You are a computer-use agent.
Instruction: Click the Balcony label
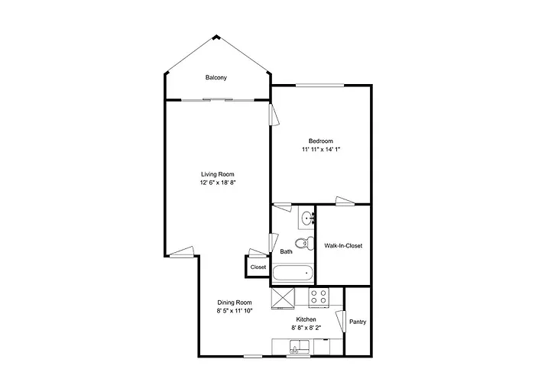pyautogui.click(x=216, y=78)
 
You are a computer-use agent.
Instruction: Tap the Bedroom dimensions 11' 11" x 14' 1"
pyautogui.click(x=321, y=149)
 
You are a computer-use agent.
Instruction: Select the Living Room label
pyautogui.click(x=218, y=174)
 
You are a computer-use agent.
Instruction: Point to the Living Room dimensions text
pyautogui.click(x=218, y=183)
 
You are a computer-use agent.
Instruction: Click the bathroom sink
pyautogui.click(x=308, y=217)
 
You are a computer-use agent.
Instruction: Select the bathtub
pyautogui.click(x=293, y=273)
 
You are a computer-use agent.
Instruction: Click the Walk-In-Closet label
pyautogui.click(x=343, y=245)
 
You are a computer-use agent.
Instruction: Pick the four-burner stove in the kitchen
pyautogui.click(x=319, y=296)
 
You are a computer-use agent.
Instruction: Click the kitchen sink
pyautogui.click(x=300, y=347)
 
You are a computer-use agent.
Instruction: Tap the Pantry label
pyautogui.click(x=358, y=322)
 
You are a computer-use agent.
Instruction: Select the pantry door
pyautogui.click(x=341, y=321)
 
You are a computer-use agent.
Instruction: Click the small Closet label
pyautogui.click(x=258, y=267)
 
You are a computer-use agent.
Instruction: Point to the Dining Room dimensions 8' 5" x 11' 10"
pyautogui.click(x=235, y=311)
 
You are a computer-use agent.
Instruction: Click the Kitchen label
pyautogui.click(x=306, y=319)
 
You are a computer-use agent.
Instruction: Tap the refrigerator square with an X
pyautogui.click(x=283, y=299)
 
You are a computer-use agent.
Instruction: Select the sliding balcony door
pyautogui.click(x=218, y=99)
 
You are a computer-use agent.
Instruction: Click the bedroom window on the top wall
pyautogui.click(x=319, y=85)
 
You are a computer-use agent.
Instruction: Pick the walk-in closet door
pyautogui.click(x=345, y=201)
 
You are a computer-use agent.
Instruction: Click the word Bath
pyautogui.click(x=286, y=251)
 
